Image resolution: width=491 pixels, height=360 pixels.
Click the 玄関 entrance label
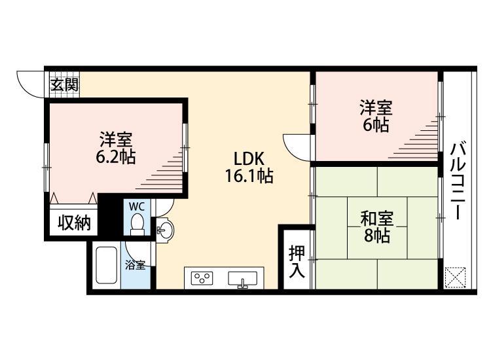coord(65,84)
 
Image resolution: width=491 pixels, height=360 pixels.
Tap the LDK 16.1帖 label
coord(249,167)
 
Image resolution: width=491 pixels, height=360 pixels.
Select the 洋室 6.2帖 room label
coord(116,149)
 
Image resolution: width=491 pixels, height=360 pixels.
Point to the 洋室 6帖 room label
coord(376,116)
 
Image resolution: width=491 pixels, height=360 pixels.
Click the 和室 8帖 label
coord(376,227)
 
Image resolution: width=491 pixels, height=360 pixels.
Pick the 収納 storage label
coord(74,223)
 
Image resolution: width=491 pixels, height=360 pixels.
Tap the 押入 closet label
coord(297,261)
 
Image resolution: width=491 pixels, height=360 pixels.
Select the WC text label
coord(137,207)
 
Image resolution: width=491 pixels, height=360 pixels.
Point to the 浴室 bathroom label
coord(135,264)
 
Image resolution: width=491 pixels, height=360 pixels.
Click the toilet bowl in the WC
coord(137,224)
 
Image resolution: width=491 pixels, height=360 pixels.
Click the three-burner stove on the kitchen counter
coord(202,278)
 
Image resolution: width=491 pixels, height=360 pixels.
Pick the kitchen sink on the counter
coord(243,279)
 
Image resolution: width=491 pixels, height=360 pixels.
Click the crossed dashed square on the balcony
coord(455,277)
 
